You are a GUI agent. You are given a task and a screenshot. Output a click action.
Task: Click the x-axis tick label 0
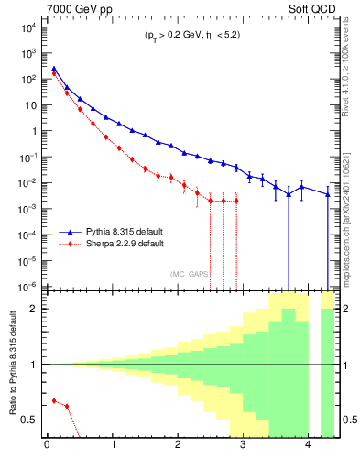[x=47, y=446]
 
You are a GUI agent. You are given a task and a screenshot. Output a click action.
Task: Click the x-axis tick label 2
[x=178, y=446]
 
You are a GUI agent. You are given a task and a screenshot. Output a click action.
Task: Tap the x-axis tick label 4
[x=308, y=446]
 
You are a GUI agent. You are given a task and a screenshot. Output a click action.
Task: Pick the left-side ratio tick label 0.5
[x=30, y=420]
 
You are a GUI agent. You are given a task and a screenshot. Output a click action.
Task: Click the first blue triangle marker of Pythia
[x=53, y=69]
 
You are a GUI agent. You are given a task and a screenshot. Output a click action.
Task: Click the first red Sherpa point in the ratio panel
[x=53, y=400]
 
